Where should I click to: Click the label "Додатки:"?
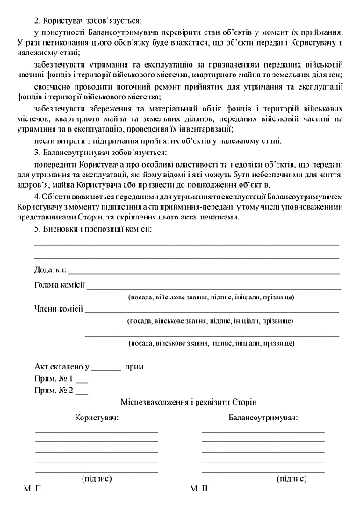click(51, 270)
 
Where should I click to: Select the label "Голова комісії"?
click(59, 285)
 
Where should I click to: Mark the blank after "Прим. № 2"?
click(82, 392)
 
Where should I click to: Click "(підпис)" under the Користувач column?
click(97, 479)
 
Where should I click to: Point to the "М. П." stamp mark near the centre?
click(199, 489)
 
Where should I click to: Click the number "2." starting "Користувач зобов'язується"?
click(36, 18)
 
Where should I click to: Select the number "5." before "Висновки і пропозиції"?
click(36, 229)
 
